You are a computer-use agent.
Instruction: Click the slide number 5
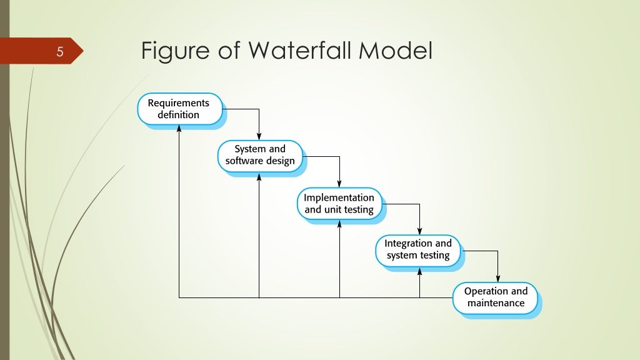(x=60, y=51)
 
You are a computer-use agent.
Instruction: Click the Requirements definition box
(x=179, y=109)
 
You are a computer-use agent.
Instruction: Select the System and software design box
(x=259, y=156)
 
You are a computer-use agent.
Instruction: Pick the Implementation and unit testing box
(x=339, y=203)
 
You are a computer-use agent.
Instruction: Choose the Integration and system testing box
(x=417, y=249)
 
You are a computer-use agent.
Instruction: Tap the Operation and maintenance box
(x=496, y=297)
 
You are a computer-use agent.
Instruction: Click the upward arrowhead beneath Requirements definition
(x=179, y=128)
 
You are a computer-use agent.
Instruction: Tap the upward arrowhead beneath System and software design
(x=259, y=176)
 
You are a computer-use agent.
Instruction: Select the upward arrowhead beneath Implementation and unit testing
(x=339, y=223)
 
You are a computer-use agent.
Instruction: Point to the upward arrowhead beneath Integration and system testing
(x=419, y=270)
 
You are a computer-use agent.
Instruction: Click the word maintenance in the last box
(x=496, y=304)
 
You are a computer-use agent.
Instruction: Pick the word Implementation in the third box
(x=339, y=197)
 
